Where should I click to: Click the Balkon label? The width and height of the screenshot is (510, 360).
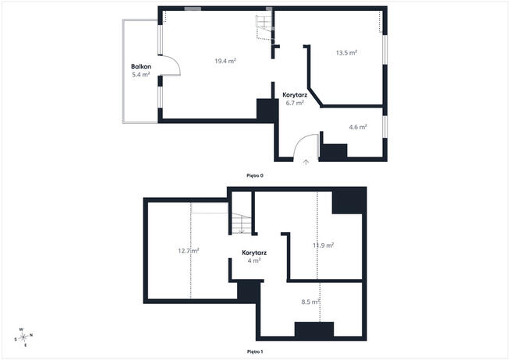[141, 66]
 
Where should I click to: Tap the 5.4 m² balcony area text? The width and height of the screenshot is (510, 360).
[141, 75]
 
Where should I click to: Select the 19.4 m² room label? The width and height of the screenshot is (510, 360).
[225, 61]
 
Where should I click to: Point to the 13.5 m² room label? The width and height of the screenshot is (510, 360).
[346, 53]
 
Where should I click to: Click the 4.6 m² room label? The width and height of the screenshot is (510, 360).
[358, 127]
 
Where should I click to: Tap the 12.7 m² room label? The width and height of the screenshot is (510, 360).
[189, 251]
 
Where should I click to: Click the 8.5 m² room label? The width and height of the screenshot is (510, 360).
[310, 302]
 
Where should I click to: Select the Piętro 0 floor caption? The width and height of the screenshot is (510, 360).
[255, 175]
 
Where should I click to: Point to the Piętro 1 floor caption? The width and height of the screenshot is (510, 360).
[255, 351]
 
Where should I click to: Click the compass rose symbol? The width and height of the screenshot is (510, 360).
[23, 337]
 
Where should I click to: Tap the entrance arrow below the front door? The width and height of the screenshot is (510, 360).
[306, 162]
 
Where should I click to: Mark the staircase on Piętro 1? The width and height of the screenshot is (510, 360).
[241, 223]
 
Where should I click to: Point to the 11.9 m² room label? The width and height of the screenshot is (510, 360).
[324, 245]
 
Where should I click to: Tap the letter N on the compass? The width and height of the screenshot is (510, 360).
[31, 334]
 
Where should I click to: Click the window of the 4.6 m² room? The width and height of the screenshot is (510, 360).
[384, 127]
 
